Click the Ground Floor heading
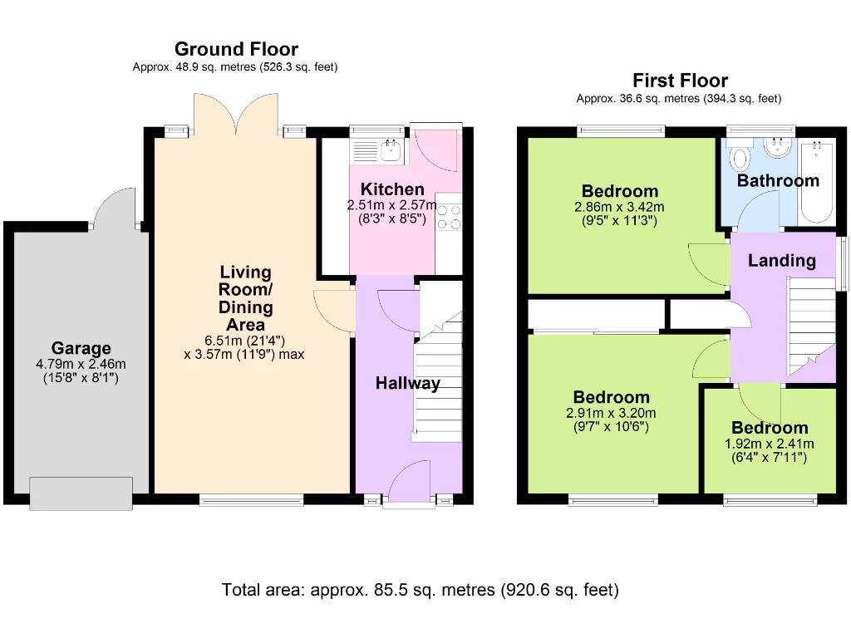[x=235, y=50]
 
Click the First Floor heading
[x=680, y=81]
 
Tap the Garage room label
[x=81, y=348]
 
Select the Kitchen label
[x=392, y=189]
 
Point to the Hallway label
[x=407, y=383]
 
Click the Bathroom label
[x=778, y=180]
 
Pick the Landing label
[x=781, y=260]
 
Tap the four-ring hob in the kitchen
[x=449, y=216]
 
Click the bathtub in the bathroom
[x=817, y=183]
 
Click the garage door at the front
[x=81, y=493]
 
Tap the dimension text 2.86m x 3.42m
[x=620, y=208]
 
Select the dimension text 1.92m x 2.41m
[x=770, y=444]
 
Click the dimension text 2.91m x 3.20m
[x=611, y=413]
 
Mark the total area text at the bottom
[x=420, y=591]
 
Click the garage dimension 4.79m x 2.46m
[x=81, y=364]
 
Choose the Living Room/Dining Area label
[x=245, y=298]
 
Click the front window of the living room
[x=251, y=499]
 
